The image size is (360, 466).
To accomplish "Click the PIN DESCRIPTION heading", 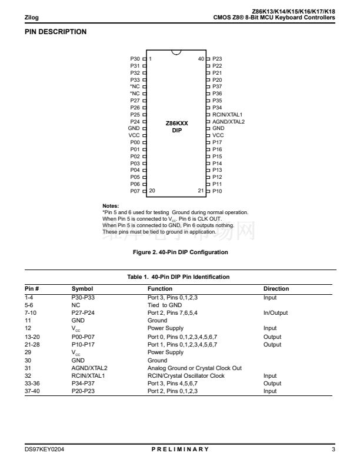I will (55, 32).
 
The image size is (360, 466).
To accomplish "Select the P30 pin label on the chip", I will (135, 59).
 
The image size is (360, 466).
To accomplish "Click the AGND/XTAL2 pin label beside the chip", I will (228, 122).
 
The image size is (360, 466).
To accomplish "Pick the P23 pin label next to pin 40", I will (217, 59).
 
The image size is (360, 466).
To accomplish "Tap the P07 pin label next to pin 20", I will (135, 191).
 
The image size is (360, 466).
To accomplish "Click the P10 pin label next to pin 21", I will (217, 191).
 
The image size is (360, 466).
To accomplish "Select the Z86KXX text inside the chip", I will (177, 124).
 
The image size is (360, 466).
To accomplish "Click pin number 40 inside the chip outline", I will (201, 59).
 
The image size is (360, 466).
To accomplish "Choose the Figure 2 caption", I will (181, 252).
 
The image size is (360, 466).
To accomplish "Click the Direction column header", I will (276, 289).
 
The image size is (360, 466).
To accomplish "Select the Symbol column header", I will (82, 289).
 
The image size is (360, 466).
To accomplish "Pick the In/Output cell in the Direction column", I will (275, 313).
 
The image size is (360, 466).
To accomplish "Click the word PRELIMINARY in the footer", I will (179, 450).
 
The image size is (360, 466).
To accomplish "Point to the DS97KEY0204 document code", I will (44, 450).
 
